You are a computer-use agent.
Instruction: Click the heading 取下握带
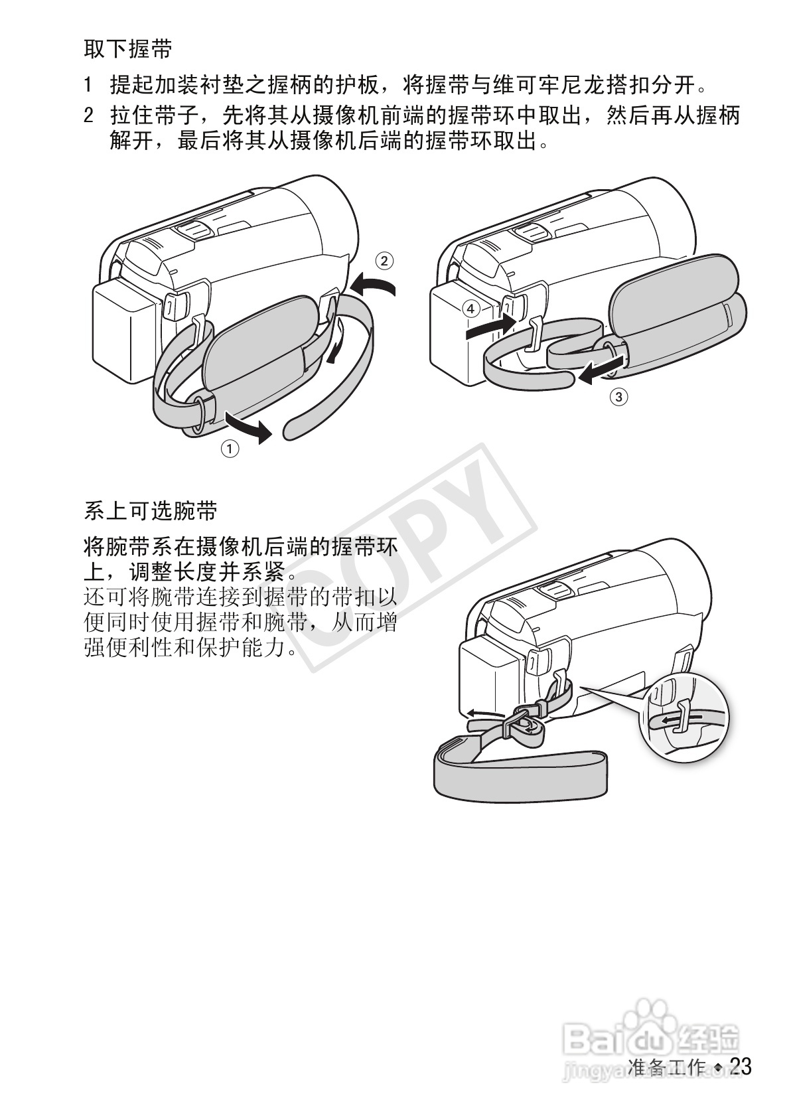(x=128, y=49)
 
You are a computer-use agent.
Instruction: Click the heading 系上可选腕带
(x=151, y=511)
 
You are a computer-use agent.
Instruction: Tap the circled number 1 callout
(x=230, y=449)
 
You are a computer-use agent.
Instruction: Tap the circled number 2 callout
(x=384, y=260)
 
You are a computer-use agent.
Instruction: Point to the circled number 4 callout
(x=470, y=308)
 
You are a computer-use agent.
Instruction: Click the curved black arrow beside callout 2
(x=373, y=287)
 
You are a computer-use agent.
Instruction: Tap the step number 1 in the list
(x=88, y=85)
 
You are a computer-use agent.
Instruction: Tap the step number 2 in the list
(x=88, y=117)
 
